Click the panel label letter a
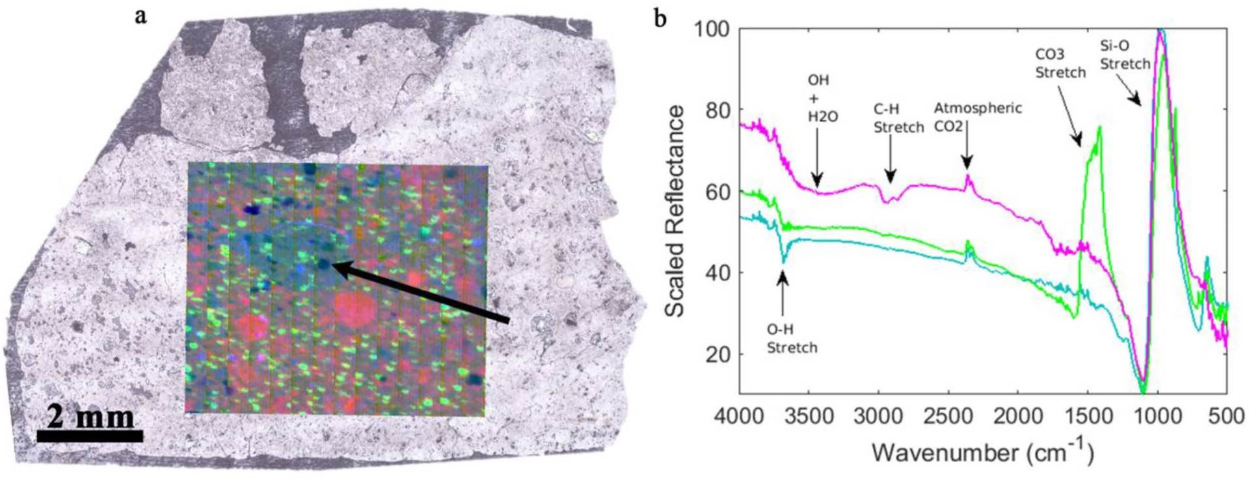click(141, 16)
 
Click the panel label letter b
click(660, 18)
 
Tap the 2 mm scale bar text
click(90, 416)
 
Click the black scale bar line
click(90, 435)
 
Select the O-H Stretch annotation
click(791, 339)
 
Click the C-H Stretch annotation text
click(898, 119)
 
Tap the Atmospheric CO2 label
click(977, 117)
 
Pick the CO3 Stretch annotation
click(1060, 64)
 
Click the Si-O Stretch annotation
click(1125, 55)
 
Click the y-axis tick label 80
click(717, 110)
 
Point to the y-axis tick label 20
click(717, 354)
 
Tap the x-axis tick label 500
click(1225, 416)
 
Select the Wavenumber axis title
click(982, 451)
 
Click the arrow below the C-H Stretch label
click(890, 166)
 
